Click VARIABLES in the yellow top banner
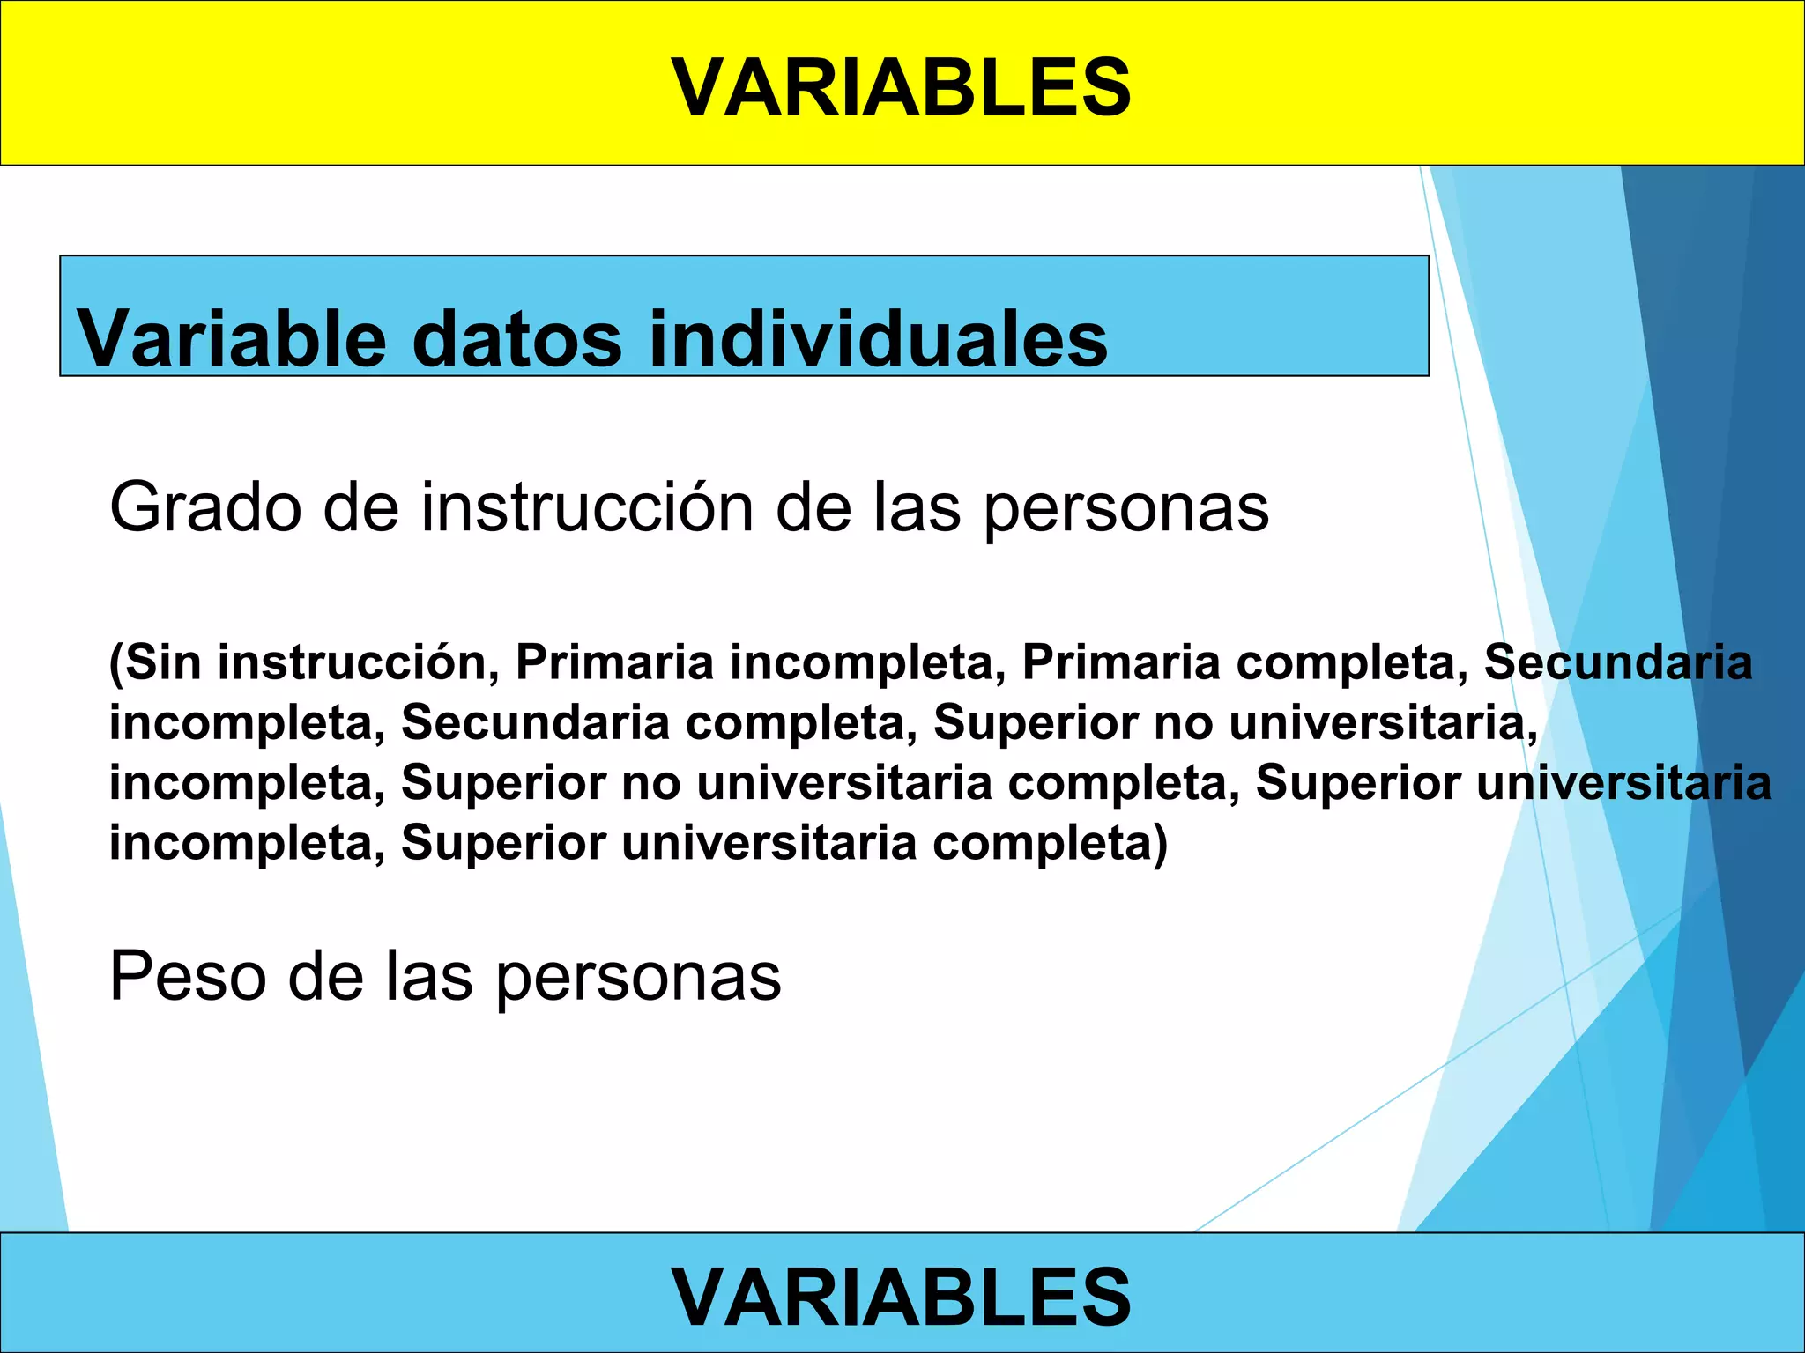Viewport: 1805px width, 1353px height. [x=901, y=86]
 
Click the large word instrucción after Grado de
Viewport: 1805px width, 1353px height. [x=587, y=508]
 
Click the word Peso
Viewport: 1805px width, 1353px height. [x=187, y=977]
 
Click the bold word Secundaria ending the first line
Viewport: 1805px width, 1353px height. [x=1618, y=662]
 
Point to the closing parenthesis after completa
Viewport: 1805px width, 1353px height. [x=1161, y=844]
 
